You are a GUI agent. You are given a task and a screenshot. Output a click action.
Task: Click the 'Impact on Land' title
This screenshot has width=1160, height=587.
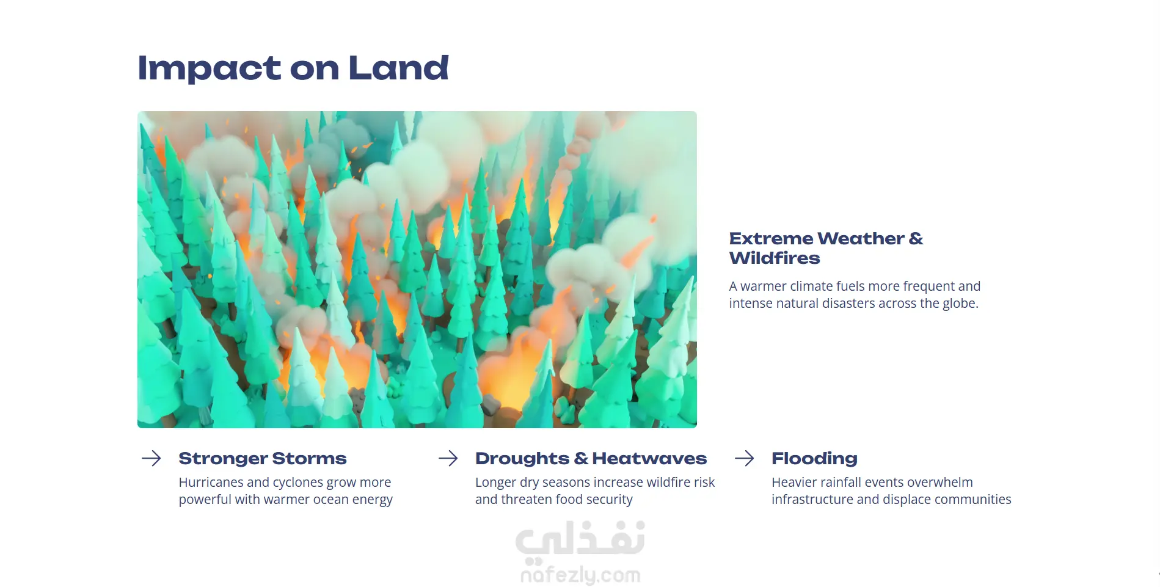click(293, 68)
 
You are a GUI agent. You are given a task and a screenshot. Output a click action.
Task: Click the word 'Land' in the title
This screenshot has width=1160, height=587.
click(398, 68)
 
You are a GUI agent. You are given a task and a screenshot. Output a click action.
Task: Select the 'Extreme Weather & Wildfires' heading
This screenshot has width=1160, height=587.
click(826, 248)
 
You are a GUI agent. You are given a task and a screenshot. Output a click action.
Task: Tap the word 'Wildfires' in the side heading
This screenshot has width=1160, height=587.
click(775, 258)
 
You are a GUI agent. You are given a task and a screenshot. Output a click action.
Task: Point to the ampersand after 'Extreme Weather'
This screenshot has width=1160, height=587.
click(916, 238)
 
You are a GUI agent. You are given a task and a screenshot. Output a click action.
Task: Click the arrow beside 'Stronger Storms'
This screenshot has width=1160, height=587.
click(151, 458)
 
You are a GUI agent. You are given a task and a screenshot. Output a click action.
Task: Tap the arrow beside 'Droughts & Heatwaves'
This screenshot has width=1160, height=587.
click(448, 458)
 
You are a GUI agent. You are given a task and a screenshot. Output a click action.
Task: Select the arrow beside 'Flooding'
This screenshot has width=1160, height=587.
click(745, 458)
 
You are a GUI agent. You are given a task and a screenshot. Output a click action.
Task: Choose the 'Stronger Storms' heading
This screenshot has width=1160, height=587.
click(263, 458)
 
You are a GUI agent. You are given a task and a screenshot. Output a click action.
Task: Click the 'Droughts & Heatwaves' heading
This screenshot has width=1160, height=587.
click(591, 458)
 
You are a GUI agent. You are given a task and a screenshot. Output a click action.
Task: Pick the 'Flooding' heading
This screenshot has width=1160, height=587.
click(814, 458)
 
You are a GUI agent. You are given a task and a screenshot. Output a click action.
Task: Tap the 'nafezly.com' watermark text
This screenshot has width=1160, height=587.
click(580, 575)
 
